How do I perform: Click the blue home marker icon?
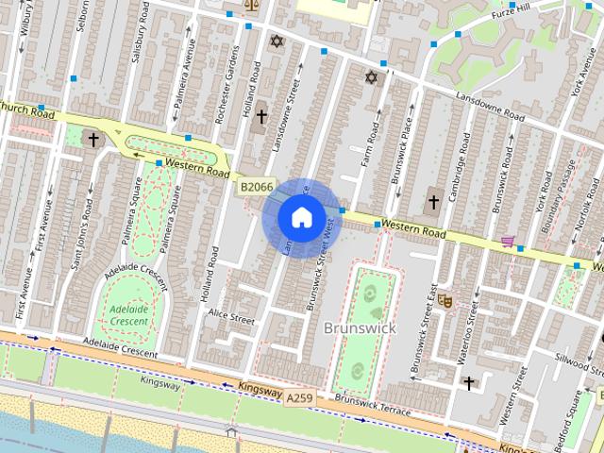300,218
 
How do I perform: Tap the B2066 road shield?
255,188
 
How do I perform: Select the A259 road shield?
300,399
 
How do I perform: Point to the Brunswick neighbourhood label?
360,327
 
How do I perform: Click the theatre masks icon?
445,300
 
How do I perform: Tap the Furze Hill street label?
518,14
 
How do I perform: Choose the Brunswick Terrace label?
372,405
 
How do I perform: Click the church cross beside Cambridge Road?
433,201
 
